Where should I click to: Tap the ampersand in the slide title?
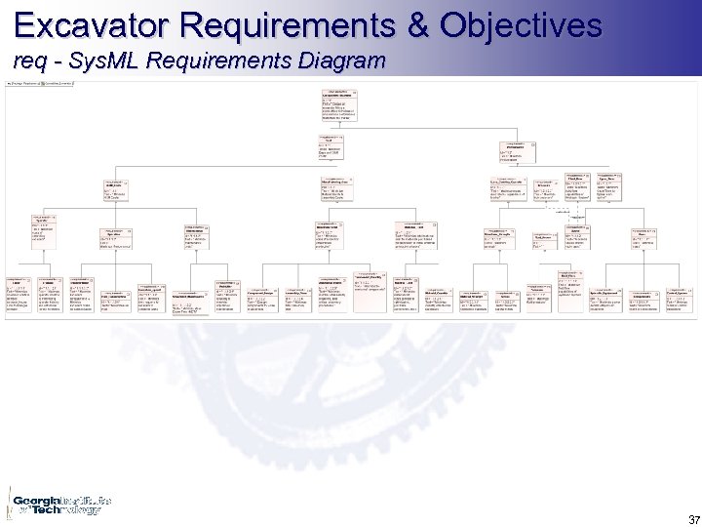tap(418, 24)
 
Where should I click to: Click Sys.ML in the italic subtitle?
tap(98, 61)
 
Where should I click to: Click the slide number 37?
tap(693, 518)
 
